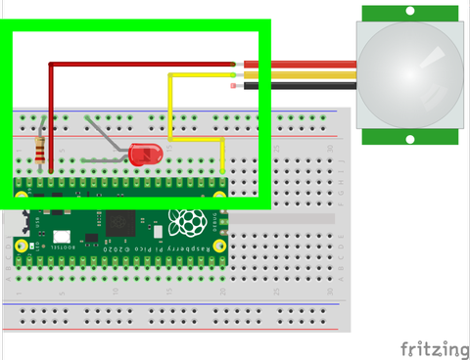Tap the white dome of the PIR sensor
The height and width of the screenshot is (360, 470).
[x=409, y=70]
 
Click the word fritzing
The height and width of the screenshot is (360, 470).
[x=434, y=348]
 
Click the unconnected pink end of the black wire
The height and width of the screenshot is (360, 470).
[x=232, y=85]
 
